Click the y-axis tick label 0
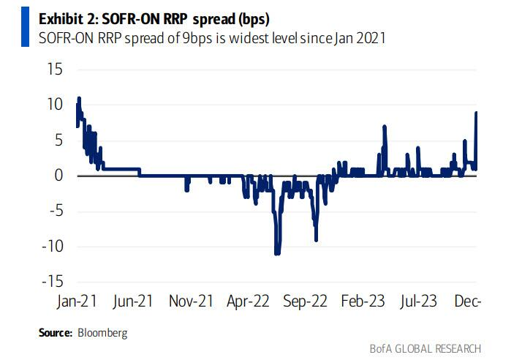[57, 176]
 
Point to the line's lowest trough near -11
[277, 253]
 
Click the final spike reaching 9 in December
[477, 113]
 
